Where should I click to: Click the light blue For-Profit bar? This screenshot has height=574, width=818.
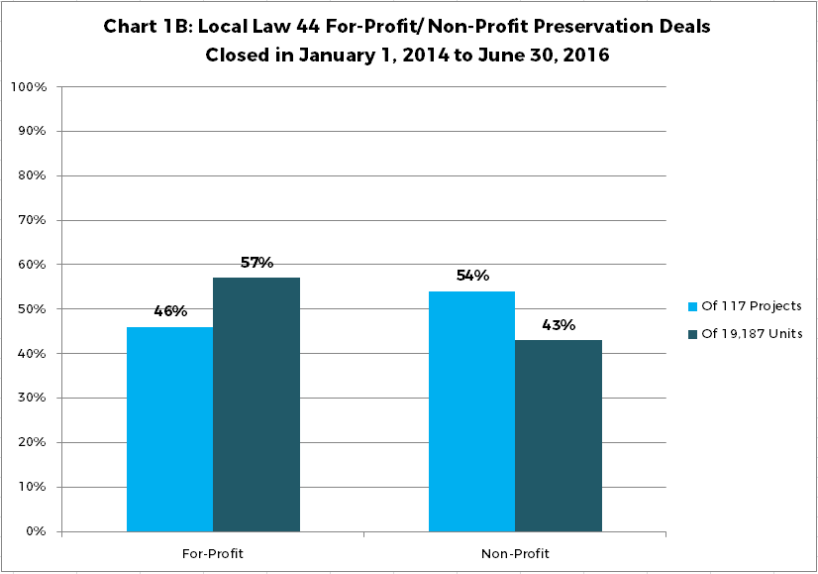click(169, 429)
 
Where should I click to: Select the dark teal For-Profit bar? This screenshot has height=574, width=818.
click(256, 404)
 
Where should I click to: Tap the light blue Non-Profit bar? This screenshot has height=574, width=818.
click(471, 411)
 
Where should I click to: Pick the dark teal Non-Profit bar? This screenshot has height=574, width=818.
click(559, 435)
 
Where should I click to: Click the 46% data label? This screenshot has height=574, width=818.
click(170, 311)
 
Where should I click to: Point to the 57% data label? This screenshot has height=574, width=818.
click(256, 263)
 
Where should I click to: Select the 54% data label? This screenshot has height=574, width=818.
click(472, 276)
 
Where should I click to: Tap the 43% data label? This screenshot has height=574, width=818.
click(559, 325)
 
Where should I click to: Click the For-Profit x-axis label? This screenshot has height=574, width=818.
click(213, 553)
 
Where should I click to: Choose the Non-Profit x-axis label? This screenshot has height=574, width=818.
click(515, 553)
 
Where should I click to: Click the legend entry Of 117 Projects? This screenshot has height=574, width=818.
click(752, 306)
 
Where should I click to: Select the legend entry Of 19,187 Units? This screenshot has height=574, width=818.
click(752, 334)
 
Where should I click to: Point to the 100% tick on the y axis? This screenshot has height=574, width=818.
click(29, 87)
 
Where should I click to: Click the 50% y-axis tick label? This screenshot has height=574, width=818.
click(32, 309)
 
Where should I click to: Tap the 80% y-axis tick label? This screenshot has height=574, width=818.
click(32, 175)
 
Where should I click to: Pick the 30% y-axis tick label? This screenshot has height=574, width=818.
click(32, 399)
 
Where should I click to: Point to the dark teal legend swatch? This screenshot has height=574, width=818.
click(691, 334)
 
